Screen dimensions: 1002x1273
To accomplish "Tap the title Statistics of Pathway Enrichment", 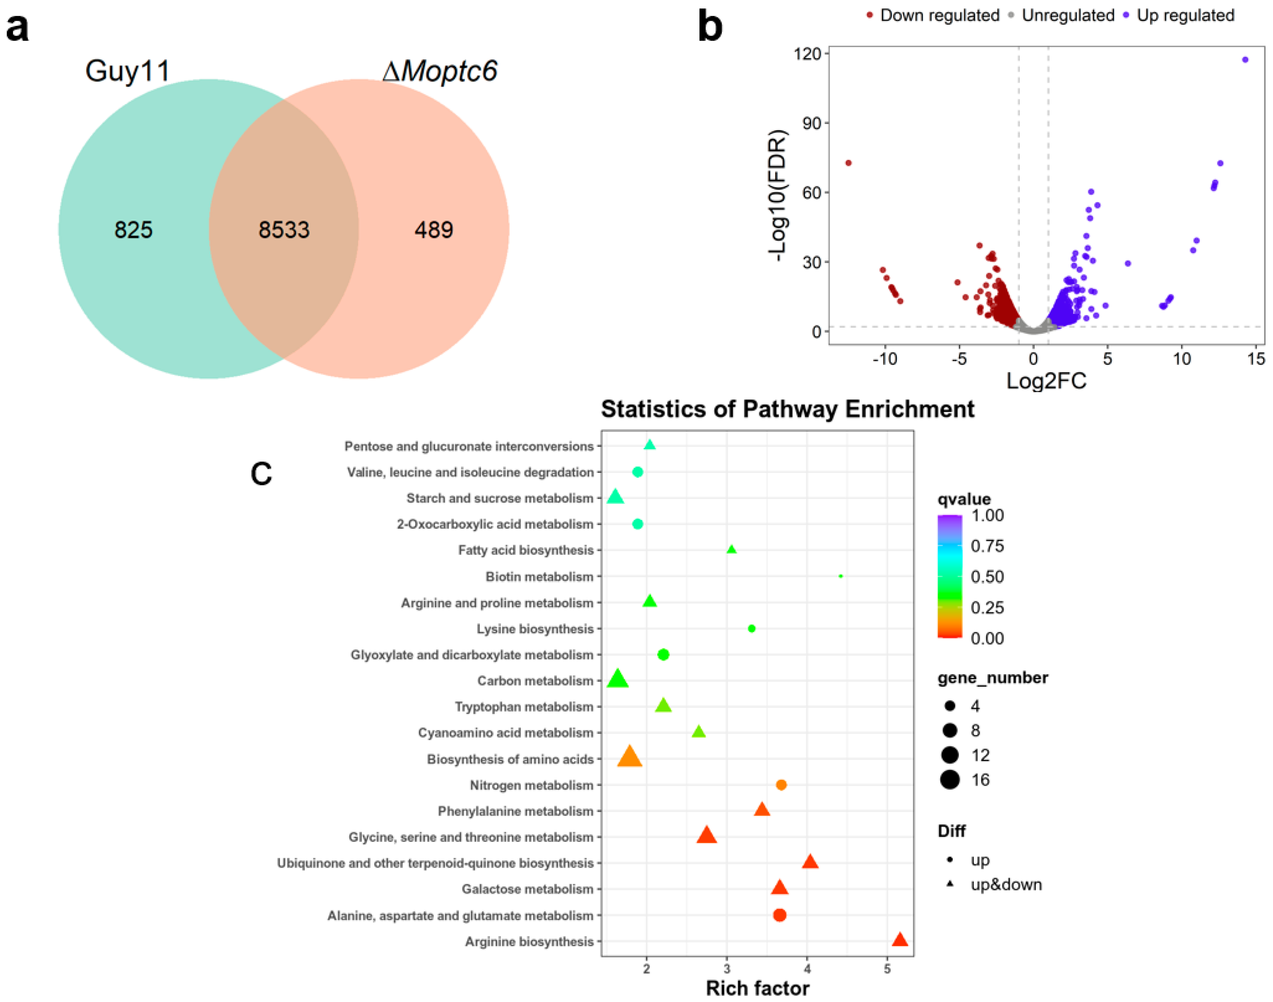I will pyautogui.click(x=787, y=409).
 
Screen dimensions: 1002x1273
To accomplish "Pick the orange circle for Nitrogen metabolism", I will pyautogui.click(x=781, y=785).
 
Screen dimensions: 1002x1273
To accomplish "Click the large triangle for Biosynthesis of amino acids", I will pyautogui.click(x=630, y=757).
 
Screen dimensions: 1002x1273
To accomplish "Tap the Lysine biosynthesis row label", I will pyautogui.click(x=535, y=629).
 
